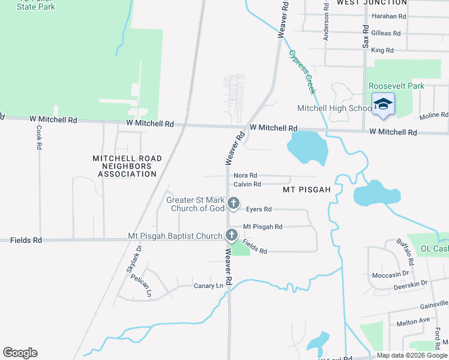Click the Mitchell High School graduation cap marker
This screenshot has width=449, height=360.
tap(382, 104)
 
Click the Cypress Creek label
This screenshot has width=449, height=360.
tap(302, 72)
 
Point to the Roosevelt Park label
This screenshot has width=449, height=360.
tap(396, 86)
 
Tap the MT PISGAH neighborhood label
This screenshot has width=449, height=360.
tap(307, 190)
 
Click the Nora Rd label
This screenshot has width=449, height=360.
tap(246, 175)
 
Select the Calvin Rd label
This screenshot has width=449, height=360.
tap(247, 184)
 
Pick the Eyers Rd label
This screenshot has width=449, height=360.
tap(259, 209)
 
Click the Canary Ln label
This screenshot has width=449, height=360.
tap(208, 286)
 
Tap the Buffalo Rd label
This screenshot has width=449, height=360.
tap(406, 253)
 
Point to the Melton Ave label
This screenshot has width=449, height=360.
tap(413, 322)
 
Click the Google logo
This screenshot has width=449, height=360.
tap(20, 353)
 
